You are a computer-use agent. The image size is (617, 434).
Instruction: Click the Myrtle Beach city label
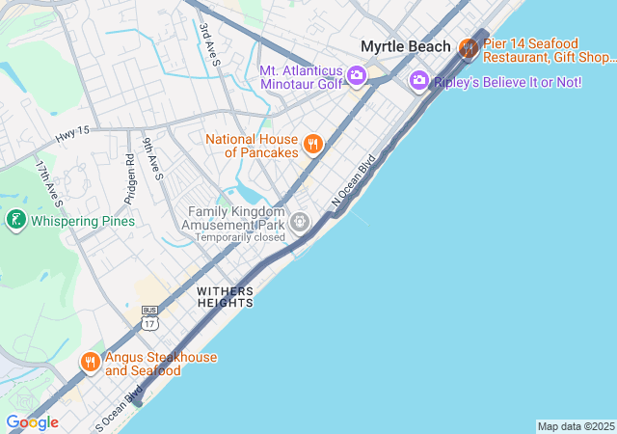[405, 46]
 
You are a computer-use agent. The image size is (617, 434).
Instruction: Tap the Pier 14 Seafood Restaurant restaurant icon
[469, 46]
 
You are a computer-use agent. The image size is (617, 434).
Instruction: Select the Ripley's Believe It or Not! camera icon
[418, 81]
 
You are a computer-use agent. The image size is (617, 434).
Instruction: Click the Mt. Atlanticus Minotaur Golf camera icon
[357, 75]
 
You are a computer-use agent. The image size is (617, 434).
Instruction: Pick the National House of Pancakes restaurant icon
[312, 145]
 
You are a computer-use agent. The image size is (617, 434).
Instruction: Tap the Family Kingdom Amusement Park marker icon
[301, 223]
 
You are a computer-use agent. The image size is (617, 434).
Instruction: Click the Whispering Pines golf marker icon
[15, 221]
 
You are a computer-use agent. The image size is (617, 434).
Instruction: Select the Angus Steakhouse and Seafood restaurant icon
[90, 363]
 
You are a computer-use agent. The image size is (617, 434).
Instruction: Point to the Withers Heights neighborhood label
[225, 296]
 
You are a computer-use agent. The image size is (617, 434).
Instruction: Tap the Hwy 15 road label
[72, 136]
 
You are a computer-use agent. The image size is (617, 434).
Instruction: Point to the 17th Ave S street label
[47, 183]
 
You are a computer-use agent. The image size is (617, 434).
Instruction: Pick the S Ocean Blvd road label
[119, 407]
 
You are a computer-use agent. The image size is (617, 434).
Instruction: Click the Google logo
[32, 422]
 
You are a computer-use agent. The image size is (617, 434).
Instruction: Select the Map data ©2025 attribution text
[575, 426]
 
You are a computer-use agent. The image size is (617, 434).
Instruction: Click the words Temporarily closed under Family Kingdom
[241, 236]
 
